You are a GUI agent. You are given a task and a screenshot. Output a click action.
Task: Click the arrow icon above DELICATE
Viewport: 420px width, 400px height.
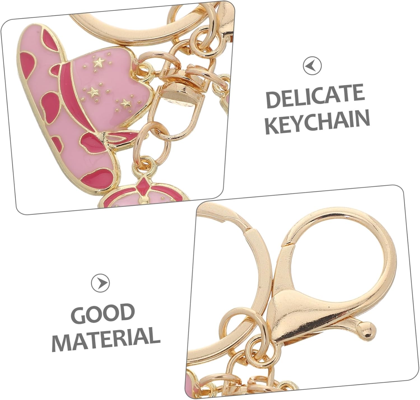point(312,66)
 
